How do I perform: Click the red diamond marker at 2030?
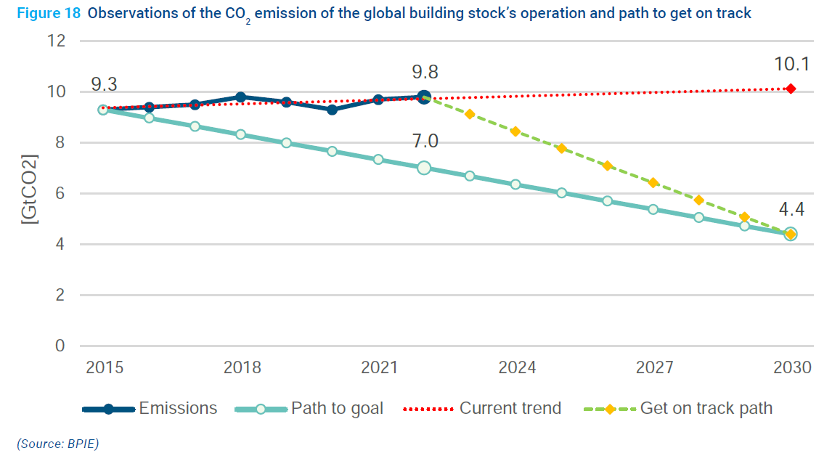(x=791, y=89)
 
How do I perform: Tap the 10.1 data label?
(x=791, y=65)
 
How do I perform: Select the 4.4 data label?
(x=791, y=211)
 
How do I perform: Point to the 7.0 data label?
(x=425, y=142)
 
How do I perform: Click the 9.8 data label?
(x=425, y=72)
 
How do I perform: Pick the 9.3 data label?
(x=104, y=85)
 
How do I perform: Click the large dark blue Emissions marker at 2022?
(x=424, y=97)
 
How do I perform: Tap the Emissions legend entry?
(x=178, y=408)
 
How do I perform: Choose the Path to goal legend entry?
(x=337, y=408)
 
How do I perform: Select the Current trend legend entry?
(x=510, y=408)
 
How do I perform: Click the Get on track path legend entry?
(x=706, y=408)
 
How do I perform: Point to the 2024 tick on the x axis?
(x=517, y=367)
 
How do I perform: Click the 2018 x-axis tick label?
(x=242, y=367)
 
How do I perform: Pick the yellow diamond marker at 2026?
(x=607, y=166)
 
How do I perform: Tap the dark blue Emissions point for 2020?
(x=332, y=110)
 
